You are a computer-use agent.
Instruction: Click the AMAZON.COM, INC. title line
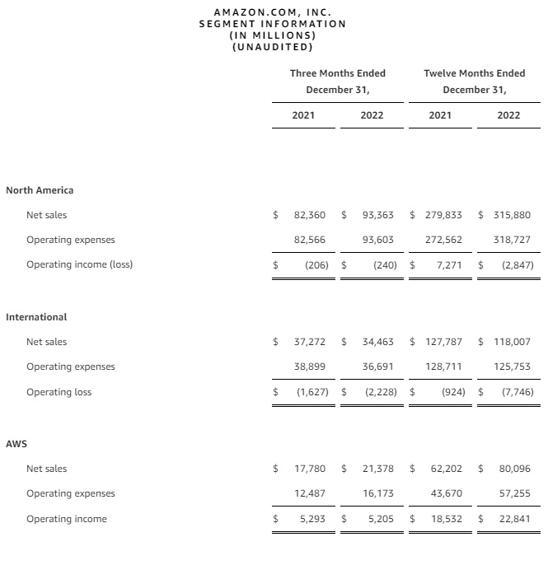[273, 12]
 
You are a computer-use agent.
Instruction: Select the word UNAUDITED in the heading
[273, 46]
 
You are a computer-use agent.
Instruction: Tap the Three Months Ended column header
[337, 73]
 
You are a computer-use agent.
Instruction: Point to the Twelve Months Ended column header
[474, 73]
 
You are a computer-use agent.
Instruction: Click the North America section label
[40, 190]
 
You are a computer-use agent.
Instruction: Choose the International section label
[36, 317]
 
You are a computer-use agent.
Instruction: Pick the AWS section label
[16, 444]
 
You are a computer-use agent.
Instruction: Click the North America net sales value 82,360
[310, 215]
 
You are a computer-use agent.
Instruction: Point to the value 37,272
[310, 342]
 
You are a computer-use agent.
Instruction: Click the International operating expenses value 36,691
[377, 367]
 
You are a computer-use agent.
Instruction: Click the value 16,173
[377, 493]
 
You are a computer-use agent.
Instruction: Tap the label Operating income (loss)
[79, 264]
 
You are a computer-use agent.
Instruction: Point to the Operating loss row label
[59, 392]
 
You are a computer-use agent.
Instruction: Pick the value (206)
[313, 265]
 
